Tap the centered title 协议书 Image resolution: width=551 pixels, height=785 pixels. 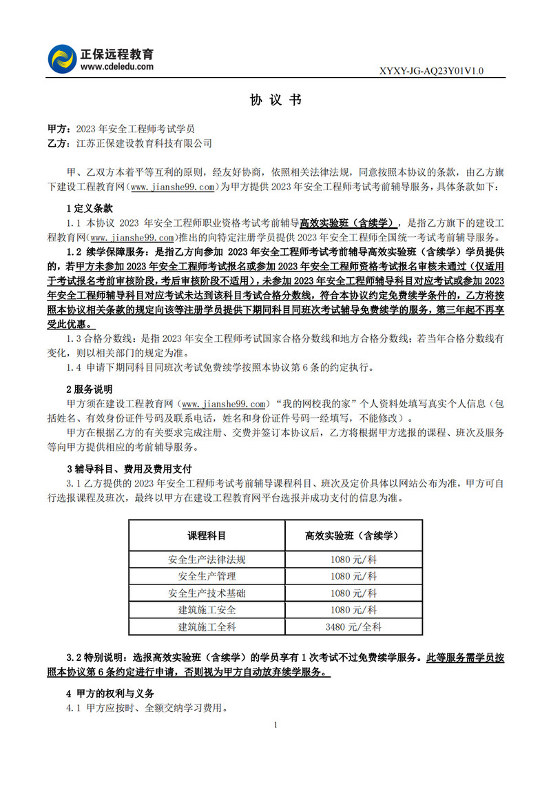click(x=275, y=101)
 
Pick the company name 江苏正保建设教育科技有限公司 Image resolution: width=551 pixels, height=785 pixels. click(x=144, y=143)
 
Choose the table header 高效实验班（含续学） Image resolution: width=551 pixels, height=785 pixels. click(x=353, y=535)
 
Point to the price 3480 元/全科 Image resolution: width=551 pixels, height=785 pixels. click(x=353, y=626)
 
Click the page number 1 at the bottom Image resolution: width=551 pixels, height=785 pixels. click(x=275, y=724)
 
